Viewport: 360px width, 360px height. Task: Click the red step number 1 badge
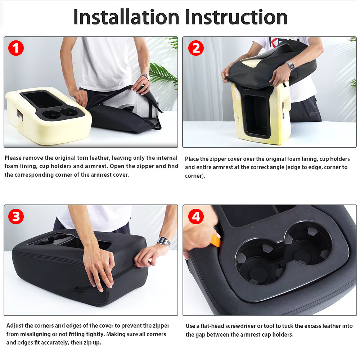click(x=16, y=48)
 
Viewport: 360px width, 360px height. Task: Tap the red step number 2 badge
click(x=196, y=48)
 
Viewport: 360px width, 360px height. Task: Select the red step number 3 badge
click(x=16, y=217)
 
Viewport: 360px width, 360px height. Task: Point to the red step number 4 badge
click(x=196, y=217)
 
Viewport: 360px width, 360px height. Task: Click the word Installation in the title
click(x=126, y=17)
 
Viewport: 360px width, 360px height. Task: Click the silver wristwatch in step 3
click(x=164, y=241)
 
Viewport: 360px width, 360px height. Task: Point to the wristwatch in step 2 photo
click(x=290, y=66)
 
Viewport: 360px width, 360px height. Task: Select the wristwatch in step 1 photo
click(x=145, y=76)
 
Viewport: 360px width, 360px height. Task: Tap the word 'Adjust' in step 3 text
click(x=15, y=326)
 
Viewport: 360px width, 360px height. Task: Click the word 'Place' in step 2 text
click(x=192, y=159)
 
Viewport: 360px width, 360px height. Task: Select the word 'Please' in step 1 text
click(x=13, y=158)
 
